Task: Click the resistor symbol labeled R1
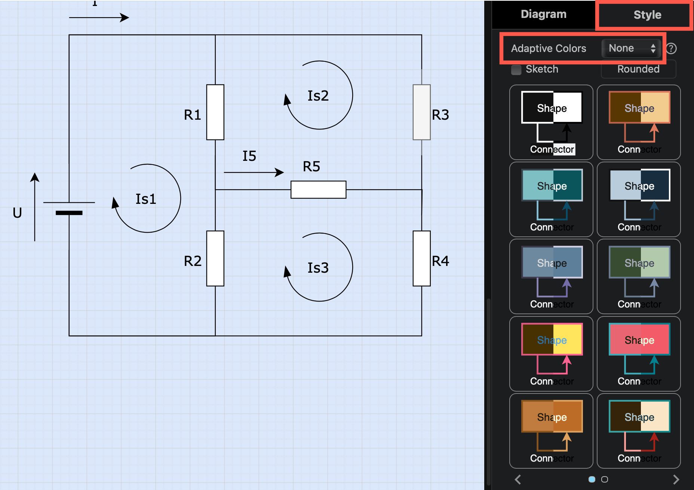(215, 112)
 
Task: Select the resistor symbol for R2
(215, 258)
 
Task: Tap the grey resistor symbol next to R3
(421, 112)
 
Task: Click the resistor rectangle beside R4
(421, 258)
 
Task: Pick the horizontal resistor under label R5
(318, 190)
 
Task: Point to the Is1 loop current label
(146, 199)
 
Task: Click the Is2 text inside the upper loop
(318, 96)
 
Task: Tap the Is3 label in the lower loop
(318, 268)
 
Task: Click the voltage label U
(17, 213)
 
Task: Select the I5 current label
(249, 156)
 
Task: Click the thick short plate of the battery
(69, 213)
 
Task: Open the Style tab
(647, 15)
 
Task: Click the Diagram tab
(543, 14)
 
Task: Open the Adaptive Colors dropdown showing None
(632, 48)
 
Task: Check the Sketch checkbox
(516, 70)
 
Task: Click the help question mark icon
(671, 48)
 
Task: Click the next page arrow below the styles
(676, 479)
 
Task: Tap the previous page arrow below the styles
(518, 479)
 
